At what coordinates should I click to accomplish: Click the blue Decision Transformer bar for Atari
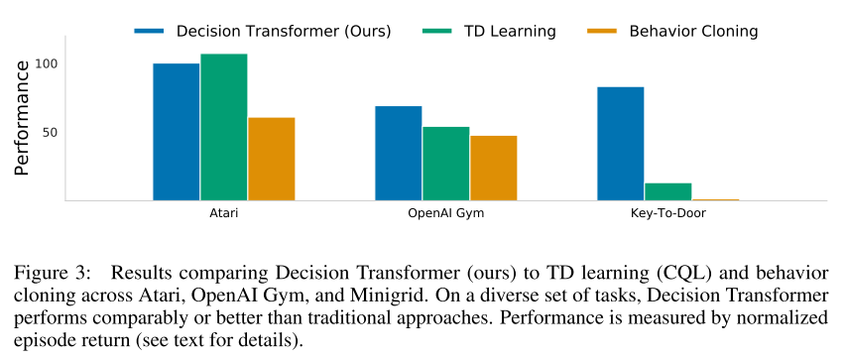tap(177, 132)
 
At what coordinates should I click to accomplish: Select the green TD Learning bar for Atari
tap(224, 127)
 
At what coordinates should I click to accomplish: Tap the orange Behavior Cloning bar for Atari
tap(272, 160)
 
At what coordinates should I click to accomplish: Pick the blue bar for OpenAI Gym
tap(399, 154)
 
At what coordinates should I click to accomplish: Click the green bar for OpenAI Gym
tap(446, 164)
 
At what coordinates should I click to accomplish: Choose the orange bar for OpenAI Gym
tap(494, 168)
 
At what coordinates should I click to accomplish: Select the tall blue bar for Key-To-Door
tap(621, 144)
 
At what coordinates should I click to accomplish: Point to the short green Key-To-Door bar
tap(667, 191)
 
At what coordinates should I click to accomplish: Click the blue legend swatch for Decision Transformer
tap(149, 32)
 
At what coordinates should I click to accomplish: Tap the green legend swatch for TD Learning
tap(436, 32)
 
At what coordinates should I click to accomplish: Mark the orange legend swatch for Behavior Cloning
tap(602, 32)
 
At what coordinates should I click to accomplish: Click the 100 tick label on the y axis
tap(47, 63)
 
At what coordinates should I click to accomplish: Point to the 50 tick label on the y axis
tap(51, 132)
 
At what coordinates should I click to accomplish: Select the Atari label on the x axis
tap(224, 213)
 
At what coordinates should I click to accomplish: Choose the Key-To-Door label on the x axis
tap(667, 213)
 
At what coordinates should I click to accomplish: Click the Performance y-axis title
tap(22, 118)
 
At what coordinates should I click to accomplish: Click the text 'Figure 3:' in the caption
tap(50, 274)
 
